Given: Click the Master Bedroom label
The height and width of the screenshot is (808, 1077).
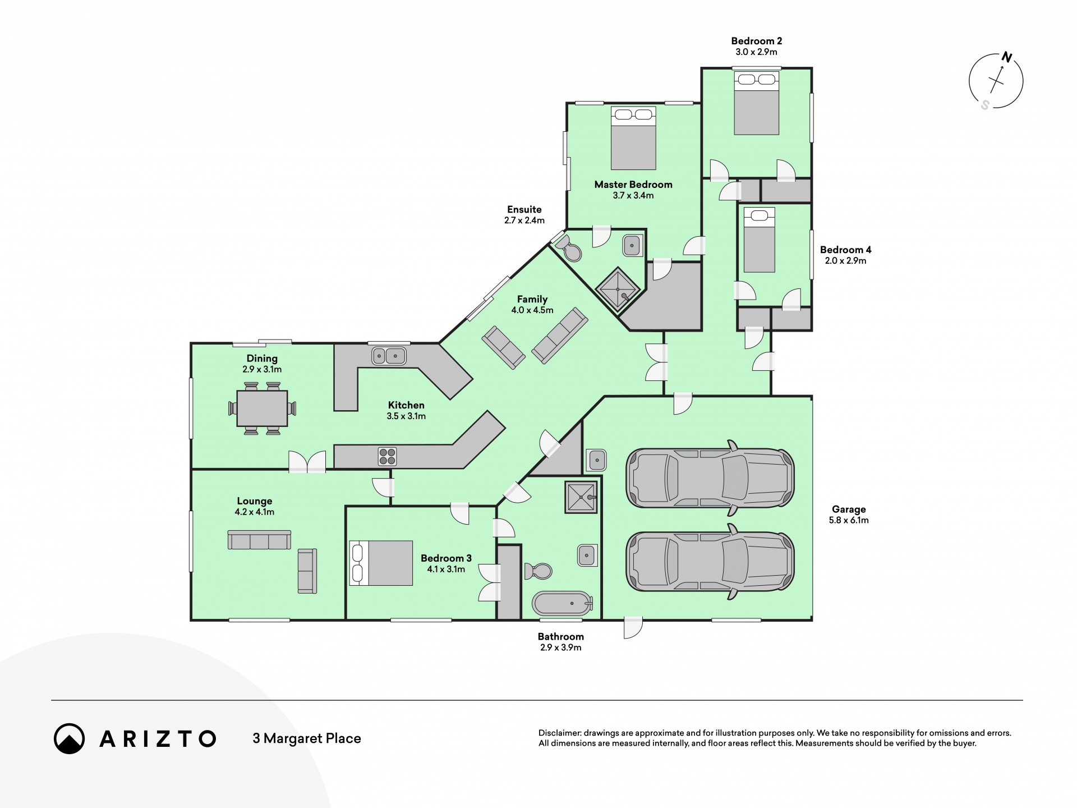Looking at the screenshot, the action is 633,185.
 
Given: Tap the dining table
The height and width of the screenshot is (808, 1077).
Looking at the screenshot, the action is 262,408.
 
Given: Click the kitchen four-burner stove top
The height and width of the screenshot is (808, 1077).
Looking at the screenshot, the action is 387,456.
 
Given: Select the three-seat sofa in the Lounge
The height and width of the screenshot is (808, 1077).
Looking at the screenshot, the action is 259,540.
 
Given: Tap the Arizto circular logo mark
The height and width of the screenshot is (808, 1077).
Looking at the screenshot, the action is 70,738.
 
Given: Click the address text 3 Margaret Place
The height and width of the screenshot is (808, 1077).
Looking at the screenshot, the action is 307,738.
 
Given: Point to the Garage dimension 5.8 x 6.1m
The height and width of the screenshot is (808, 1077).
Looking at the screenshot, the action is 849,520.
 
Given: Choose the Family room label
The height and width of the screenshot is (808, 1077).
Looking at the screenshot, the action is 532,299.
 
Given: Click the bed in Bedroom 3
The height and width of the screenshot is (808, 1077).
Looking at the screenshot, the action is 381,563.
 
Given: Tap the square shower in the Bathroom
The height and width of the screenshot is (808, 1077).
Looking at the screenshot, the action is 581,497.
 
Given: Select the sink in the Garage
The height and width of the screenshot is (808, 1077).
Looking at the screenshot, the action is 596,460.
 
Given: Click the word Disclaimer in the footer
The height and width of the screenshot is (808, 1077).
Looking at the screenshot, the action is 559,733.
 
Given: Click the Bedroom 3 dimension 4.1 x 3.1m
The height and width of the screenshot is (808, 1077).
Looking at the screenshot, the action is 446,569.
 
